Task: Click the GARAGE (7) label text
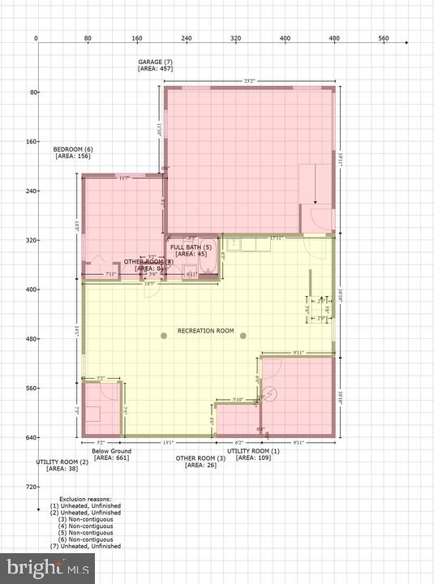[x=155, y=62]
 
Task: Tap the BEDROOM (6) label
[x=73, y=149]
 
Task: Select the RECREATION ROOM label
[x=205, y=331]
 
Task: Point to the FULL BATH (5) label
[x=191, y=247]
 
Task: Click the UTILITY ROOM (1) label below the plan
[x=253, y=451]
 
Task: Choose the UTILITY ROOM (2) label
[x=62, y=462]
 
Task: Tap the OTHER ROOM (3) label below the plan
[x=201, y=458]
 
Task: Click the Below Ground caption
[x=111, y=451]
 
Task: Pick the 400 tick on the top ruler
[x=285, y=38]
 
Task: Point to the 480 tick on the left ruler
[x=22, y=339]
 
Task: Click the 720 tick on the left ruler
[x=22, y=487]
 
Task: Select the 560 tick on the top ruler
[x=384, y=38]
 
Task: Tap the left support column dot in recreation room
[x=163, y=335]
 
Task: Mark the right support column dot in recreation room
[x=242, y=335]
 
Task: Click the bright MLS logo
[x=47, y=568]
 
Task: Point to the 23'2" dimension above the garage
[x=250, y=80]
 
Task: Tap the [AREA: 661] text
[x=111, y=458]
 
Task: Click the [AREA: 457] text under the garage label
[x=155, y=70]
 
